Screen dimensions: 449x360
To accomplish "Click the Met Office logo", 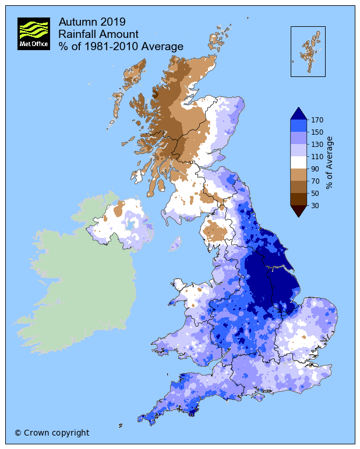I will click(x=34, y=34).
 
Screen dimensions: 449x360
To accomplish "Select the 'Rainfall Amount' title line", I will click(x=98, y=34).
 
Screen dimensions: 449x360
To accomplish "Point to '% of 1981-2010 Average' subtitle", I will click(x=121, y=46).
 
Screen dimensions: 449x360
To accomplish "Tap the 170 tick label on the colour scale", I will click(x=317, y=120).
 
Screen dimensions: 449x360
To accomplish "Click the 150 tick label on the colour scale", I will click(x=317, y=132).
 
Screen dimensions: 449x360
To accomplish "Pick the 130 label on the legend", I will click(x=317, y=145).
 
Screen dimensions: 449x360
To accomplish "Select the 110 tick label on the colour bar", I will click(x=317, y=157).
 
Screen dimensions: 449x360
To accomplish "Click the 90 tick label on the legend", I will click(x=315, y=169).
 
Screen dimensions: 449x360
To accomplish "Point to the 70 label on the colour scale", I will click(x=315, y=181).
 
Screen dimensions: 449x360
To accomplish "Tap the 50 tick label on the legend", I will click(x=315, y=194).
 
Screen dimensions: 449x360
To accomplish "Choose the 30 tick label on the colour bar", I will click(x=315, y=205).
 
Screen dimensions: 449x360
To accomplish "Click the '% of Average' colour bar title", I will click(x=330, y=163).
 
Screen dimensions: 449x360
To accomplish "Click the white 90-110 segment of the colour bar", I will click(x=298, y=163).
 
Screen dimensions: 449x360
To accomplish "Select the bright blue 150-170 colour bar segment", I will click(x=298, y=126).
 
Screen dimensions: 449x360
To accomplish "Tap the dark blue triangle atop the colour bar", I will click(x=298, y=114).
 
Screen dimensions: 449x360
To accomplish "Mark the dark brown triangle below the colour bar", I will click(x=298, y=211).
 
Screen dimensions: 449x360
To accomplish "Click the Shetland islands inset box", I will click(x=308, y=51).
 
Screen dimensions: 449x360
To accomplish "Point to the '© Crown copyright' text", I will click(x=52, y=433).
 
